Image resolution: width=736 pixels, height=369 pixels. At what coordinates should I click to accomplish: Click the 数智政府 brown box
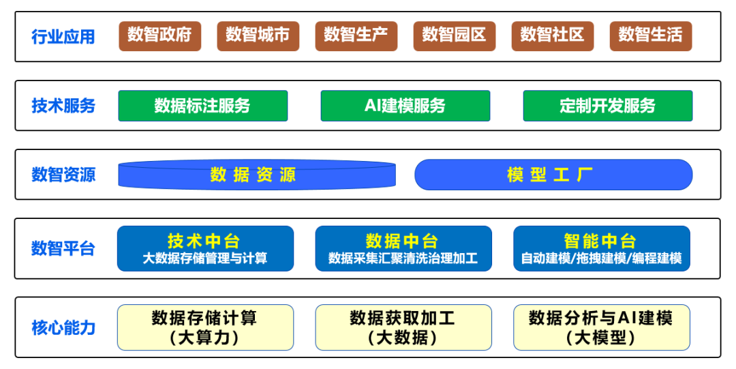coord(159,36)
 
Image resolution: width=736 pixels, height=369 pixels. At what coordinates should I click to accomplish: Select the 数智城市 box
coord(258,36)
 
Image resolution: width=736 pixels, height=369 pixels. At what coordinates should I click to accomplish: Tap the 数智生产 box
coord(356,36)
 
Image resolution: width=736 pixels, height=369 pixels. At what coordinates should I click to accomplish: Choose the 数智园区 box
coord(454,36)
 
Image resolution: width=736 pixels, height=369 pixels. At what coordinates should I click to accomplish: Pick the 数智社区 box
coord(552,36)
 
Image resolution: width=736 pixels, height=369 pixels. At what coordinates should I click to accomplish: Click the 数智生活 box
coord(650,36)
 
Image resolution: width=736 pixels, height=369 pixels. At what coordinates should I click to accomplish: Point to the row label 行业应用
coord(63,37)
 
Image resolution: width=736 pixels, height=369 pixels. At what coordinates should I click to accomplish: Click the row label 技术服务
coord(63,105)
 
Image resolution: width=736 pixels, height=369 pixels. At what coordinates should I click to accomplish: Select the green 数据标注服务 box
coord(203,106)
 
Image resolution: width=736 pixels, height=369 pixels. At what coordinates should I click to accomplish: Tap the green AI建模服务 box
coord(405,106)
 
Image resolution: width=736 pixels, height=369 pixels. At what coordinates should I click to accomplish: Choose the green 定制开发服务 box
coord(607,106)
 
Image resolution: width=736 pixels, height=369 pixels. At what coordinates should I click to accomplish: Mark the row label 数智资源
coord(63,175)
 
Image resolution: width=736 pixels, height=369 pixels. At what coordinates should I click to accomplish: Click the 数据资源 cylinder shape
coord(257,175)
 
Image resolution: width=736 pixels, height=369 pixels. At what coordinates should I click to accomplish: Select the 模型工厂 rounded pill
coord(553,175)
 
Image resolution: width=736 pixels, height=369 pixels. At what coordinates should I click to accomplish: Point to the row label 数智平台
coord(63,248)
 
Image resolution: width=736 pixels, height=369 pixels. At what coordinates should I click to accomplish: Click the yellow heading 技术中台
coord(204,241)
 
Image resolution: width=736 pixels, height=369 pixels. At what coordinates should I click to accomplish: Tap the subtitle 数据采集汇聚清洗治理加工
coord(403,258)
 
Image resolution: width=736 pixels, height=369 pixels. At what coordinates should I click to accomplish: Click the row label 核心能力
coord(63,327)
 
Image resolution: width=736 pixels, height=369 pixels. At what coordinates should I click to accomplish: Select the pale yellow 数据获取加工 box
coord(403,327)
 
